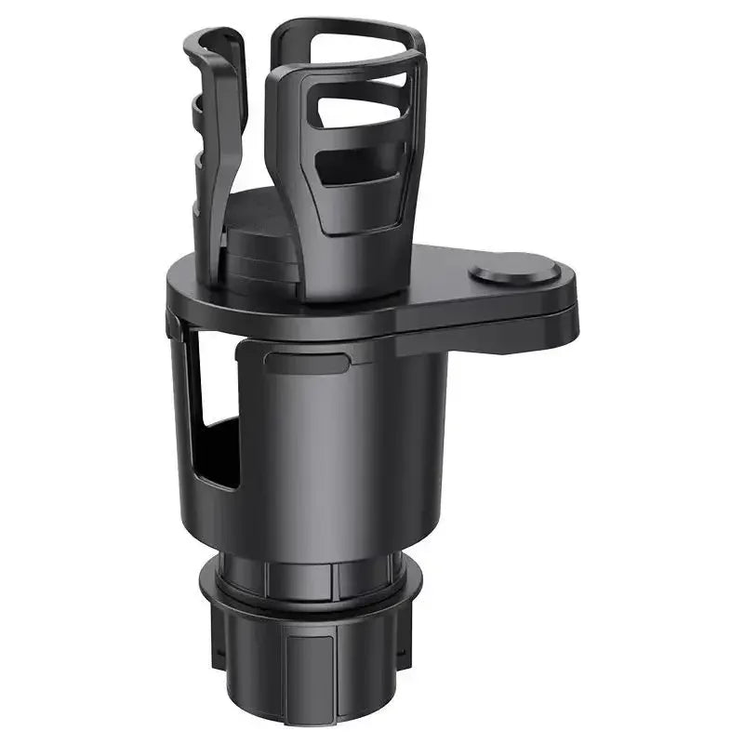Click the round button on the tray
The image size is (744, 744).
pos(514,272)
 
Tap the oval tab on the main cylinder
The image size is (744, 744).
pos(306,361)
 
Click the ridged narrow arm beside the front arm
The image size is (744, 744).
pos(212,139)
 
